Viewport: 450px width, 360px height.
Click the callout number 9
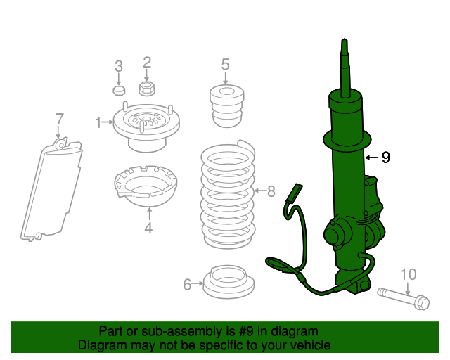(x=385, y=157)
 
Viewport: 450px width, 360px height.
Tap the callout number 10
(x=408, y=274)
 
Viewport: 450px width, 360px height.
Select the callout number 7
(x=60, y=118)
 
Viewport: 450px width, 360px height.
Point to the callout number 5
(x=225, y=65)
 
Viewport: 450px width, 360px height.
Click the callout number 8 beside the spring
(x=272, y=191)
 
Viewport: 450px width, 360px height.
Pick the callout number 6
(x=187, y=284)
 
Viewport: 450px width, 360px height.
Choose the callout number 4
(x=148, y=227)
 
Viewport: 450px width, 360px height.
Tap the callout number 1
(x=98, y=123)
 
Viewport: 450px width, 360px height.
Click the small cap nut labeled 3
(x=119, y=91)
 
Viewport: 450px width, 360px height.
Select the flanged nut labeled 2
(x=147, y=89)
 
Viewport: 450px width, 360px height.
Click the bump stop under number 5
(x=226, y=105)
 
